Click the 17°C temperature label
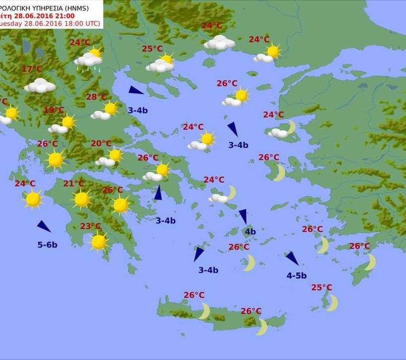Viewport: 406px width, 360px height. click(x=32, y=69)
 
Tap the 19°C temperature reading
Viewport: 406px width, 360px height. click(x=54, y=110)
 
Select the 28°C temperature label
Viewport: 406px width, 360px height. click(x=97, y=97)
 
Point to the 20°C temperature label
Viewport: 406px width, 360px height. click(x=101, y=144)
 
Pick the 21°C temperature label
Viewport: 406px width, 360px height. click(x=73, y=184)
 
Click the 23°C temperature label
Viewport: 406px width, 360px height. click(x=91, y=226)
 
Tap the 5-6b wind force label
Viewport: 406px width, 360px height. click(x=47, y=245)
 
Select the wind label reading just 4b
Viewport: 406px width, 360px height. click(x=250, y=232)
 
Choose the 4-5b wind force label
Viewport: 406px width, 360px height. click(x=297, y=276)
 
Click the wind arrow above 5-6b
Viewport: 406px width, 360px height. click(x=44, y=227)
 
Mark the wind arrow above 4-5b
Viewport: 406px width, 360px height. click(x=292, y=258)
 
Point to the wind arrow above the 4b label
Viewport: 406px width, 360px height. click(x=243, y=216)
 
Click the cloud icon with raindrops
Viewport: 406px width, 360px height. click(x=88, y=61)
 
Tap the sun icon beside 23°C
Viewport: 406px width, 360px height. click(x=99, y=242)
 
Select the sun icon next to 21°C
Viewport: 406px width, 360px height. click(x=82, y=199)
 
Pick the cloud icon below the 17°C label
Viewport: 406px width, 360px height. click(x=40, y=86)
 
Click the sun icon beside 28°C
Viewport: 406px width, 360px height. click(x=110, y=108)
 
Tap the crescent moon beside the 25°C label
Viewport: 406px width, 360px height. click(x=332, y=303)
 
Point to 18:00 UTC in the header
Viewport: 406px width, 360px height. click(x=79, y=23)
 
